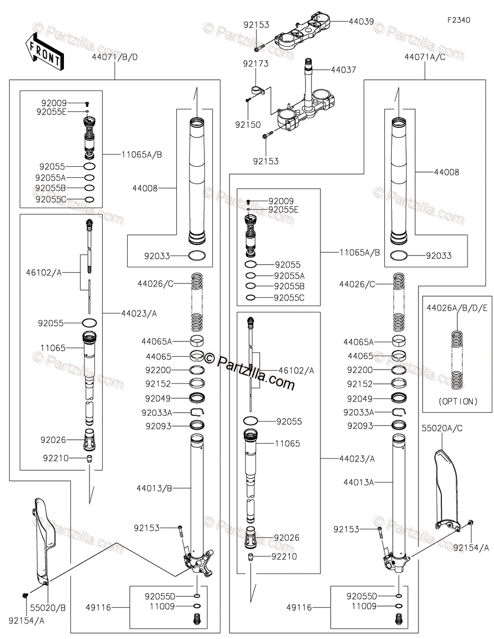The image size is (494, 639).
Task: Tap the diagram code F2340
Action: click(x=458, y=20)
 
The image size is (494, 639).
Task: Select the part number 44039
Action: click(x=361, y=22)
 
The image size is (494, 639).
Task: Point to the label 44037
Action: click(x=343, y=70)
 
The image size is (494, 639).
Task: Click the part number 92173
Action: click(x=256, y=63)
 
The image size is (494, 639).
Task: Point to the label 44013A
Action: click(x=359, y=482)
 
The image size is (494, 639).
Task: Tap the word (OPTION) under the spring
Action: click(x=458, y=401)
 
